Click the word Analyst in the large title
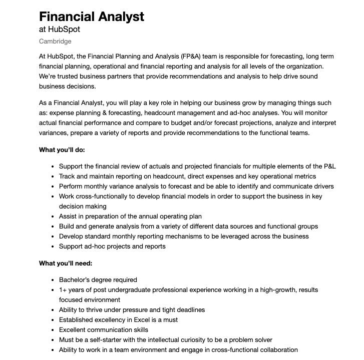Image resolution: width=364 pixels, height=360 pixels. pos(117,16)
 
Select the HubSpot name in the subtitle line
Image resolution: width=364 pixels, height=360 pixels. pos(64,29)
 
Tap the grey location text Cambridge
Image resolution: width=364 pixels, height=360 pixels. pos(55,41)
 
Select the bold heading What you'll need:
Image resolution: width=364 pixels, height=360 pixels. pos(65,263)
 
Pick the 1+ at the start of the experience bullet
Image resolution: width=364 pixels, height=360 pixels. pos(63,289)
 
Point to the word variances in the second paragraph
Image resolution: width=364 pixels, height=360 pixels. pos(53,132)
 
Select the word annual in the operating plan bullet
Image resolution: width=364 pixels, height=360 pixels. pos(144,216)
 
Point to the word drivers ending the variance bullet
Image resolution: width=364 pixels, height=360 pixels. pos(322,186)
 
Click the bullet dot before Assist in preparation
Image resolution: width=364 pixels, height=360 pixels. pos(53,216)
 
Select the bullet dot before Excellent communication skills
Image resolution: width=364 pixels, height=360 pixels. pos(53,330)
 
